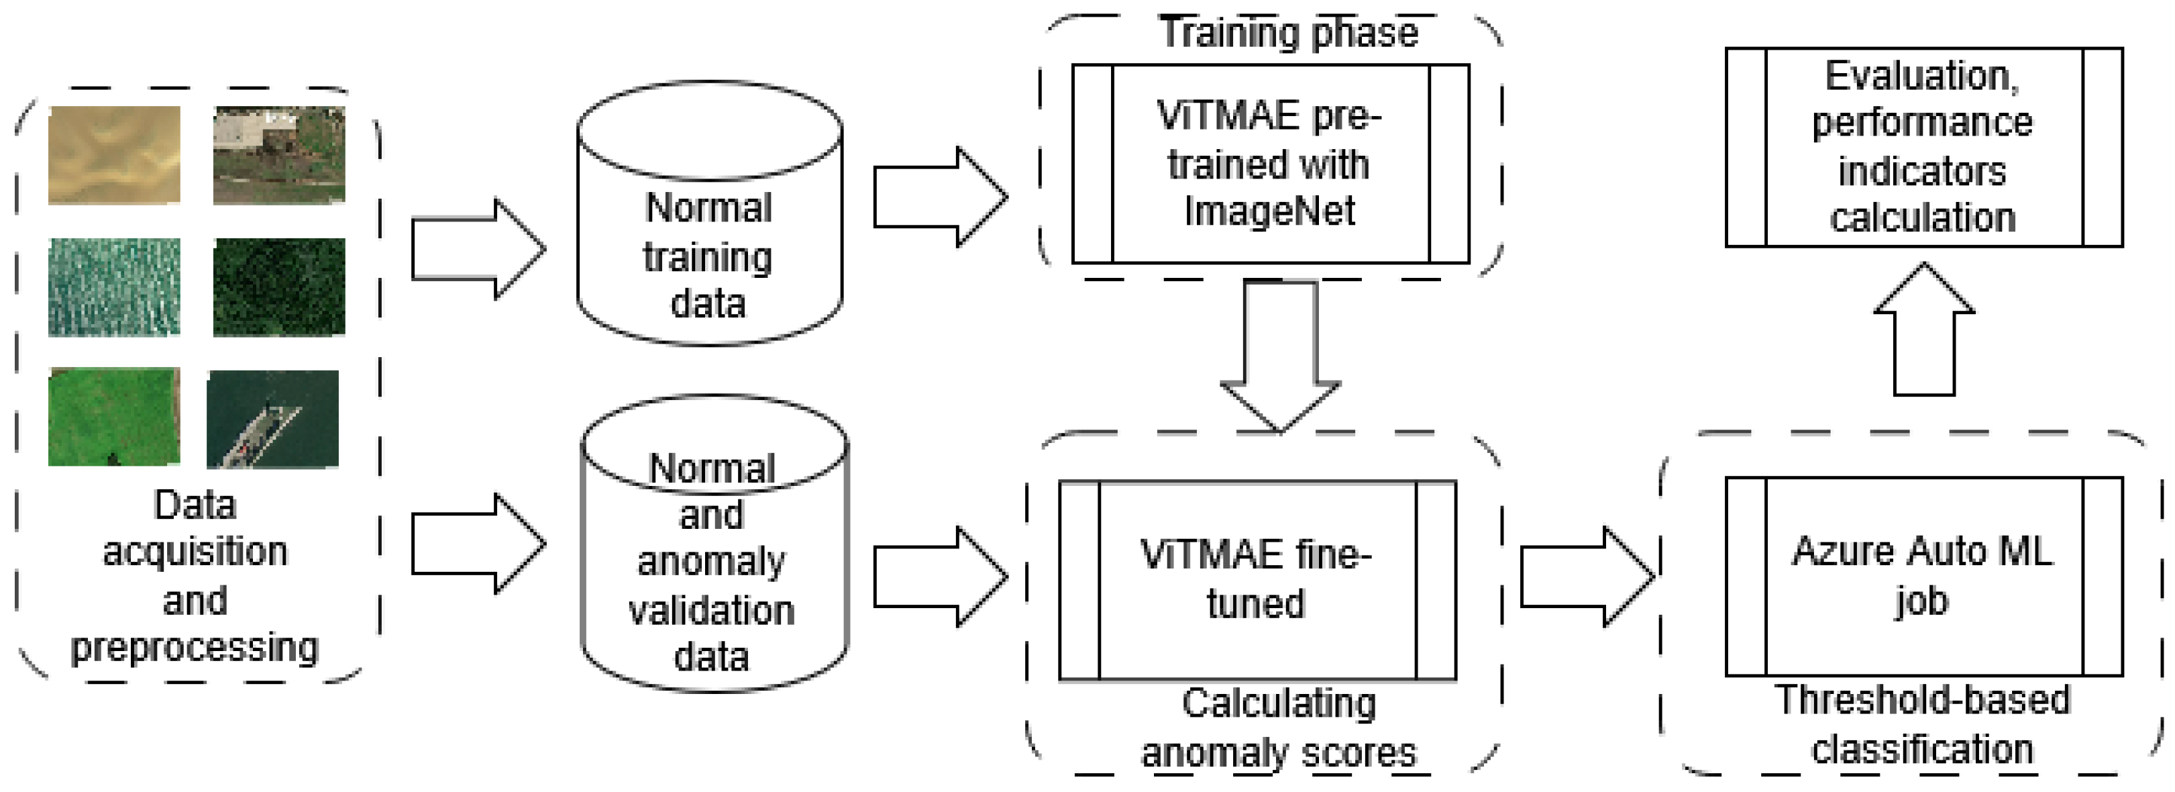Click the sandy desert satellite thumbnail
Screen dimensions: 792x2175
[x=114, y=155]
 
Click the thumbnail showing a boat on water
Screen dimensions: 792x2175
[x=273, y=419]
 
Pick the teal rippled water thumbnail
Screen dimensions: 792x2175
[x=114, y=287]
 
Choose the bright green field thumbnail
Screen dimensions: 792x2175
[x=114, y=416]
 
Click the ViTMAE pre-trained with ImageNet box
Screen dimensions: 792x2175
[x=1270, y=164]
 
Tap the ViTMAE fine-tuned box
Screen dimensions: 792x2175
[x=1257, y=580]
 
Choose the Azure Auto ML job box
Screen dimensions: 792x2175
[x=1923, y=577]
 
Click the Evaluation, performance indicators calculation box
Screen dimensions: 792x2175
[x=1923, y=147]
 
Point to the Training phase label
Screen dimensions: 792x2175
[x=1289, y=34]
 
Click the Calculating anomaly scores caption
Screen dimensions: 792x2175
[x=1278, y=728]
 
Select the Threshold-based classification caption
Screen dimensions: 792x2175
[x=1923, y=724]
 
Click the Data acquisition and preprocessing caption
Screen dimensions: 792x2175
[x=195, y=576]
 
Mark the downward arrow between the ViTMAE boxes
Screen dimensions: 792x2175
[x=1280, y=354]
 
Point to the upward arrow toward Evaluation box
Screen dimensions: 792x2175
[x=1923, y=330]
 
